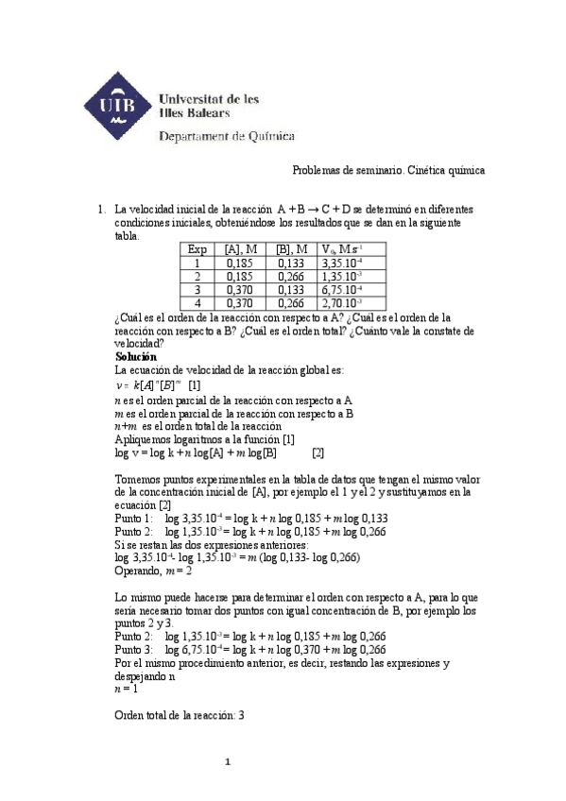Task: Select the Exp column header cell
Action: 197,249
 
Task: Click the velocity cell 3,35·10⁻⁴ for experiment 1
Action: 342,263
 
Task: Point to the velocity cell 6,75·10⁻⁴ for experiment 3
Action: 342,289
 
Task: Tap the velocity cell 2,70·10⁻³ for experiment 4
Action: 342,303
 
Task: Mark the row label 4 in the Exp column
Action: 197,303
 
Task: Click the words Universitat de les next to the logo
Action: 210,98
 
